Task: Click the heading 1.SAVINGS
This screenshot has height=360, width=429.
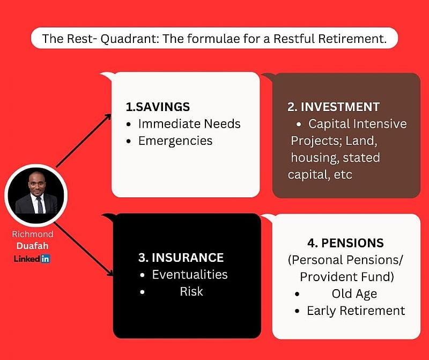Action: [158, 106]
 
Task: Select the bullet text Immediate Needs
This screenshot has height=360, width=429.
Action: [189, 124]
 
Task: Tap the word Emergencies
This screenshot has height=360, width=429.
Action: [175, 141]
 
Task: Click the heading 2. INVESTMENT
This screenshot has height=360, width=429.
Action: [333, 106]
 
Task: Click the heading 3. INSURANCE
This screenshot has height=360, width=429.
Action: [181, 258]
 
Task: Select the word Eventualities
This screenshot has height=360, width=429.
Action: [190, 275]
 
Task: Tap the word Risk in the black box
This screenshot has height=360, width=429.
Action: [191, 292]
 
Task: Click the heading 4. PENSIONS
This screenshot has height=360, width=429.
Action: [345, 243]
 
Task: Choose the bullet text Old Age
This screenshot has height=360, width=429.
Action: [354, 294]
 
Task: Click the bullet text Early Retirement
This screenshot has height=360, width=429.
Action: [356, 311]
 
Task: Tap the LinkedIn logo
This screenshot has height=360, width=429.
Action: [32, 259]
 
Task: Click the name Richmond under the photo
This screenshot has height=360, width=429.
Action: [33, 234]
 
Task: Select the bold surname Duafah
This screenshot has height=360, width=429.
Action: [33, 246]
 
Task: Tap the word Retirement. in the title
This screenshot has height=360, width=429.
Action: [352, 39]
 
